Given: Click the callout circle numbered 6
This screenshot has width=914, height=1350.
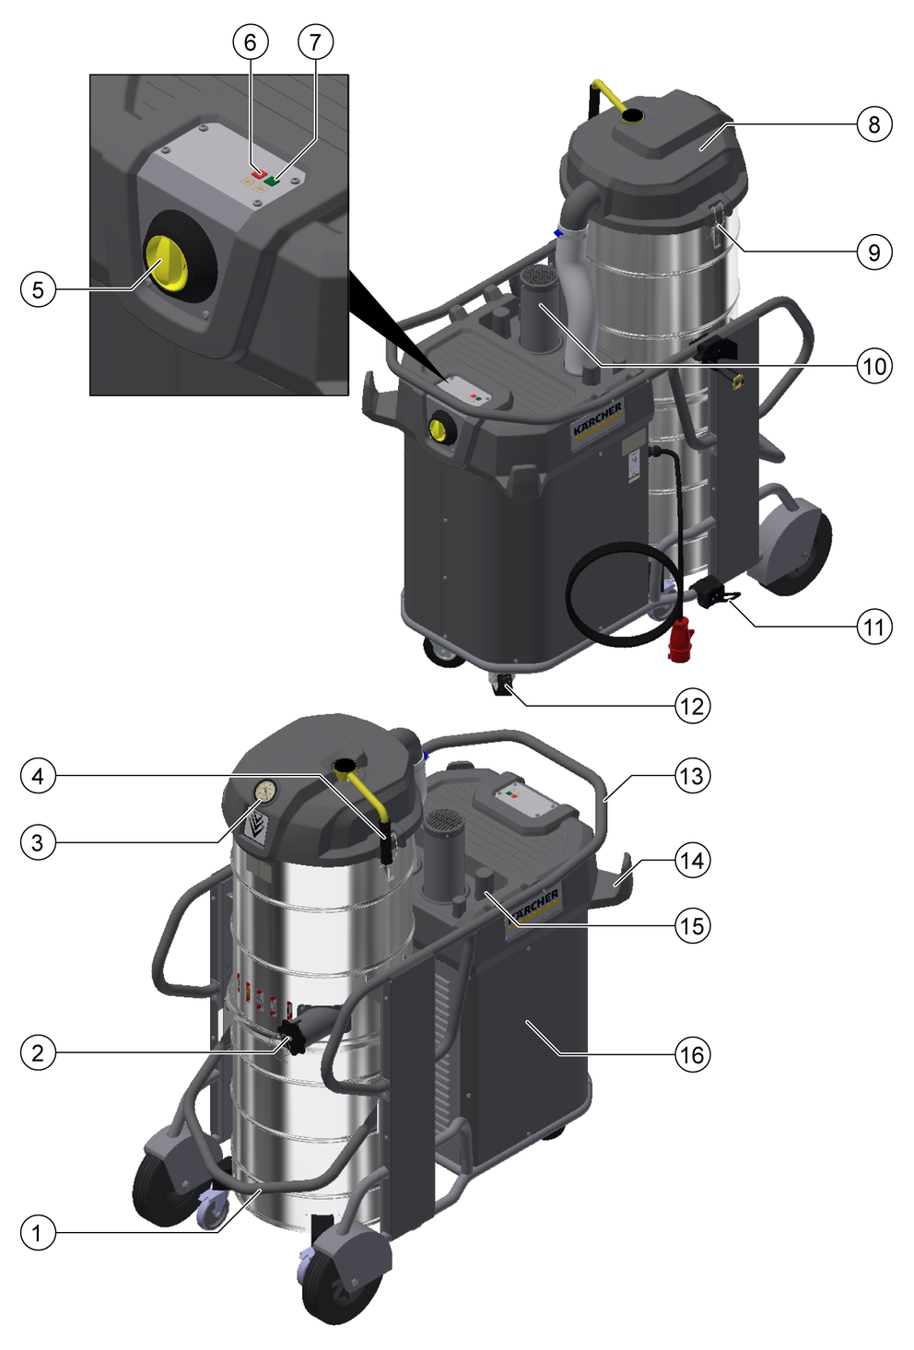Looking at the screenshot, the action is (250, 42).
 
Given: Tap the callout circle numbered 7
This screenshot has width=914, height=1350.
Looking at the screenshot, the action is (315, 42).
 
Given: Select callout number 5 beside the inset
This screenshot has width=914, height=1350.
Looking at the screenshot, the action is (38, 289).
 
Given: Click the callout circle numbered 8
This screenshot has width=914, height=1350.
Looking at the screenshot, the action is (873, 124).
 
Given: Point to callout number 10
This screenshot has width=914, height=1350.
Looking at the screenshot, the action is (873, 366).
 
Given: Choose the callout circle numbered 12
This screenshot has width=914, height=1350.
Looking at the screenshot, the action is (692, 705).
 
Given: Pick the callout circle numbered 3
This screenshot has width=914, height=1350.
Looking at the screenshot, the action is (38, 842).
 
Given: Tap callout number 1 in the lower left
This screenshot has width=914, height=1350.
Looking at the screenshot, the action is (38, 1232).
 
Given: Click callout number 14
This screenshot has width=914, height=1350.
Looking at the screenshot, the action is (692, 860).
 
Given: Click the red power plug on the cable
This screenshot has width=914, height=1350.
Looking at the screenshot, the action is (681, 640).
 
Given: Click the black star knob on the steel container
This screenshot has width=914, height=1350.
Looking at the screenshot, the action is (293, 1037).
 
